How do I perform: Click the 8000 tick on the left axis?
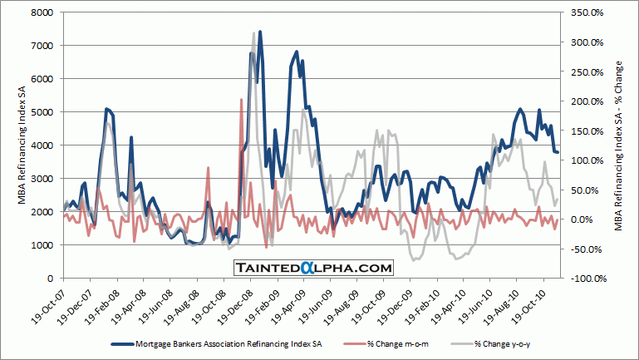[42, 12]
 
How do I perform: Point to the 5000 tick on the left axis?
[42, 111]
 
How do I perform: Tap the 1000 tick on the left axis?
[42, 244]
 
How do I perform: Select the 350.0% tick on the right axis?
[585, 12]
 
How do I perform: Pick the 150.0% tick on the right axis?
[585, 131]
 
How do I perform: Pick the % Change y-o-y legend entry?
[502, 343]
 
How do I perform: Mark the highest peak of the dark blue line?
[260, 32]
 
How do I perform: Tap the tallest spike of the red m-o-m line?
[241, 99]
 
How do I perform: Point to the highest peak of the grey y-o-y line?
[253, 33]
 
